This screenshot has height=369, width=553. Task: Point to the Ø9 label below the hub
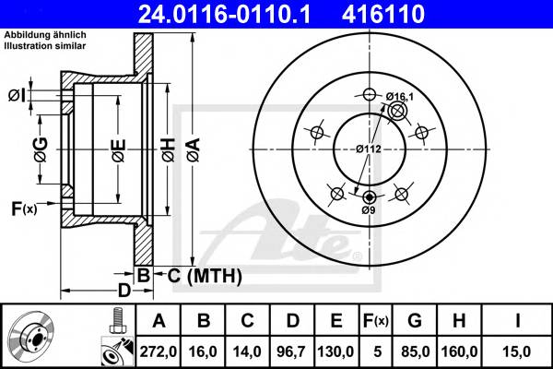[x=369, y=210]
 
